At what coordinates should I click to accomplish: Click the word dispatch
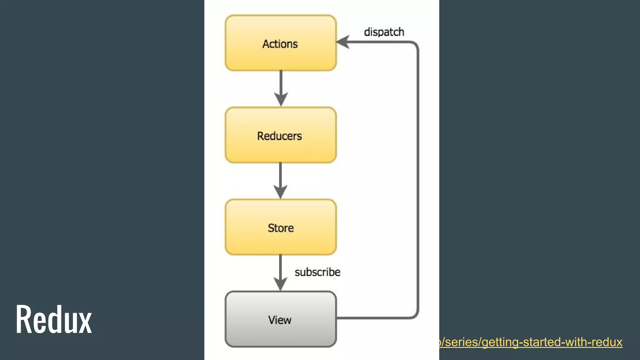[x=384, y=32]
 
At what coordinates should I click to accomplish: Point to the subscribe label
[x=317, y=272]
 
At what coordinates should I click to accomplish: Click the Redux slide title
[x=54, y=319]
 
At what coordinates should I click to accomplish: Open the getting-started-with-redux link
[x=531, y=342]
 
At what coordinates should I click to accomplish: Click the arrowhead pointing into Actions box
[x=343, y=42]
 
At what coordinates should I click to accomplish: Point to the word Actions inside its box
[x=280, y=44]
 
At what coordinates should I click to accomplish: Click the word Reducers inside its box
[x=279, y=136]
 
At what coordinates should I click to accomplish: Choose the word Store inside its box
[x=281, y=228]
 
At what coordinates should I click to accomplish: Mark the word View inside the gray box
[x=280, y=320]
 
